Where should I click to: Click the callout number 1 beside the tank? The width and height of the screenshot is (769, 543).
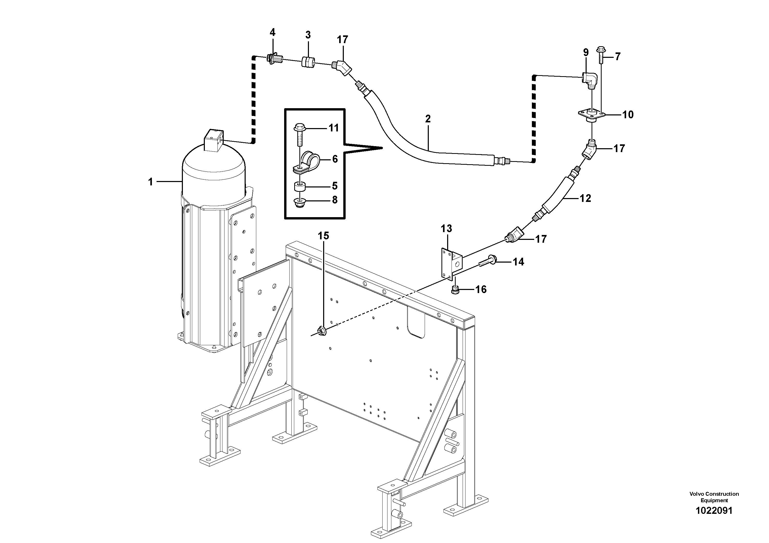(150, 182)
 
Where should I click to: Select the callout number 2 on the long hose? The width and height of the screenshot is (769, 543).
(428, 119)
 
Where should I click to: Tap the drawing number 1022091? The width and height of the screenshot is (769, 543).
(714, 510)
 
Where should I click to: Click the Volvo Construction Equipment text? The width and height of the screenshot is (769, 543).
(714, 497)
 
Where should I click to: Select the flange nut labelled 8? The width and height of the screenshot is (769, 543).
(299, 202)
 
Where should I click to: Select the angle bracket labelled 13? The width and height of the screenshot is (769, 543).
(450, 262)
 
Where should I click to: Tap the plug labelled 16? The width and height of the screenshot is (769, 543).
(455, 290)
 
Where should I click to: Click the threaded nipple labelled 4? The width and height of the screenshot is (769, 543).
(275, 60)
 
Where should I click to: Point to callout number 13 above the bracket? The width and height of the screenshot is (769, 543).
(446, 229)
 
